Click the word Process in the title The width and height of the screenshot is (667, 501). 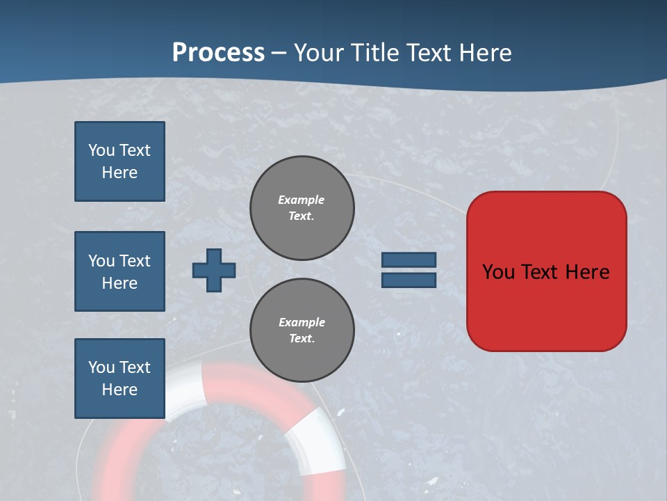[x=218, y=53]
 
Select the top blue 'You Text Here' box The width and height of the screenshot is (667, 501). [x=120, y=161]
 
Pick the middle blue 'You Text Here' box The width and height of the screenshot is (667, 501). [x=120, y=271]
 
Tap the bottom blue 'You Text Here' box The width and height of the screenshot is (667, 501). [x=120, y=379]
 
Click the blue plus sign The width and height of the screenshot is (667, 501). [x=214, y=270]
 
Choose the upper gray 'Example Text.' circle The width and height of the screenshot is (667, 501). [x=302, y=208]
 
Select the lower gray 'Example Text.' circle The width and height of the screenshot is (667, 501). [x=302, y=331]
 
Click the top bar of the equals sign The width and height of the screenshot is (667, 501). [x=409, y=260]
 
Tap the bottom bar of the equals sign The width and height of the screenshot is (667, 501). [x=409, y=280]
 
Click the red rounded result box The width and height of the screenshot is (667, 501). [x=546, y=306]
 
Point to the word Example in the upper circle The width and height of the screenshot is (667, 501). [x=301, y=200]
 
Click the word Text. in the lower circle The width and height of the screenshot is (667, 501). [x=302, y=339]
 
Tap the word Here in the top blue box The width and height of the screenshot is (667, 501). [x=120, y=173]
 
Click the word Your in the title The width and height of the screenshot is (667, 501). [x=318, y=53]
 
